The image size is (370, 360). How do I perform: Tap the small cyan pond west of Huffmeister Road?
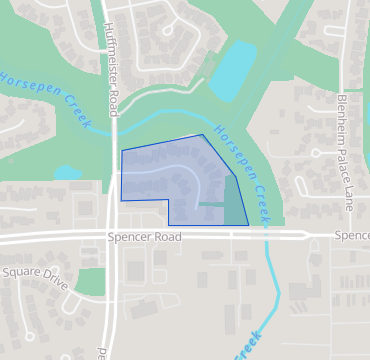coord(66,173)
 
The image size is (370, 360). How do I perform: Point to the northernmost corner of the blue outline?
coord(202,135)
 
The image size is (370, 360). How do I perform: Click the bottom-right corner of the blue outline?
coord(248,225)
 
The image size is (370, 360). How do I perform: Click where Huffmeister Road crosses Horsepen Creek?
coord(112,127)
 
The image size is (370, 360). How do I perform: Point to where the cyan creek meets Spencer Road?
coord(266,236)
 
